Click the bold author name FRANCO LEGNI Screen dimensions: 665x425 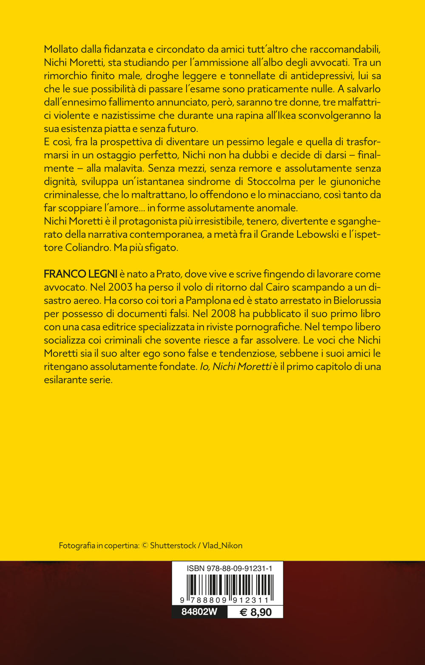74,274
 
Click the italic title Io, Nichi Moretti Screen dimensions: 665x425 235,366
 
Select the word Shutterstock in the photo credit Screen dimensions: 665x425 173,545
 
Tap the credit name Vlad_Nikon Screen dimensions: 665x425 222,545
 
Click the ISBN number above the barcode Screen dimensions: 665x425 229,568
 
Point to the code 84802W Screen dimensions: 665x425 199,612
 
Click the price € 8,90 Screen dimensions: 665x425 255,612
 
